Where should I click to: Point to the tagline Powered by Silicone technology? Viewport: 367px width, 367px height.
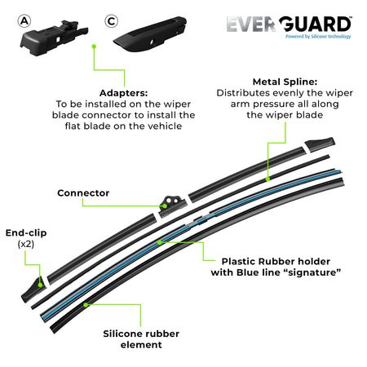tap(319, 38)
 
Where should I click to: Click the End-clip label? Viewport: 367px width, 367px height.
tap(25, 232)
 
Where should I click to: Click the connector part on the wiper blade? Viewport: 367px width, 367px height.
tap(172, 203)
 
